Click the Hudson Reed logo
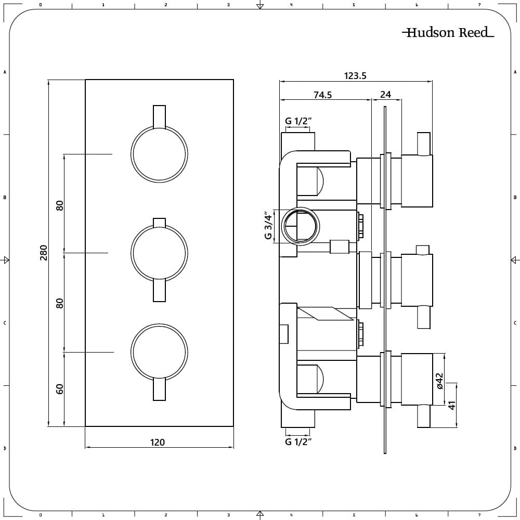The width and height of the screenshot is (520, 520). pos(448,32)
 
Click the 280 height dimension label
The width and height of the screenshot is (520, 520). pos(44,253)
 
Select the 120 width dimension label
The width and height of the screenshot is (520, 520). pos(157,443)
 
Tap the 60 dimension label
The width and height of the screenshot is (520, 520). pos(59,388)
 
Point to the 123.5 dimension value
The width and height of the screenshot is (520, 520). pos(355,76)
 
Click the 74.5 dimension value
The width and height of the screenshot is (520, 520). pos(323,95)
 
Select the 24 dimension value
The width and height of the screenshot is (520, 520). pos(385,95)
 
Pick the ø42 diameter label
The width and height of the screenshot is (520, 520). pos(439,381)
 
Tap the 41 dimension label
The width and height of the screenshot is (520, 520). pos(452,405)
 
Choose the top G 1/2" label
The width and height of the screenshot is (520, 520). pos(298,121)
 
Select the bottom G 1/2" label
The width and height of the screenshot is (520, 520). pos(298,441)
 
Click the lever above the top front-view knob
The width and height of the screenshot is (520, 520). pos(159,116)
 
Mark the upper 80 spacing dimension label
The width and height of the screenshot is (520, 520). pos(59,205)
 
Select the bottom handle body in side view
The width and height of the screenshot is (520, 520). pos(417,380)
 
